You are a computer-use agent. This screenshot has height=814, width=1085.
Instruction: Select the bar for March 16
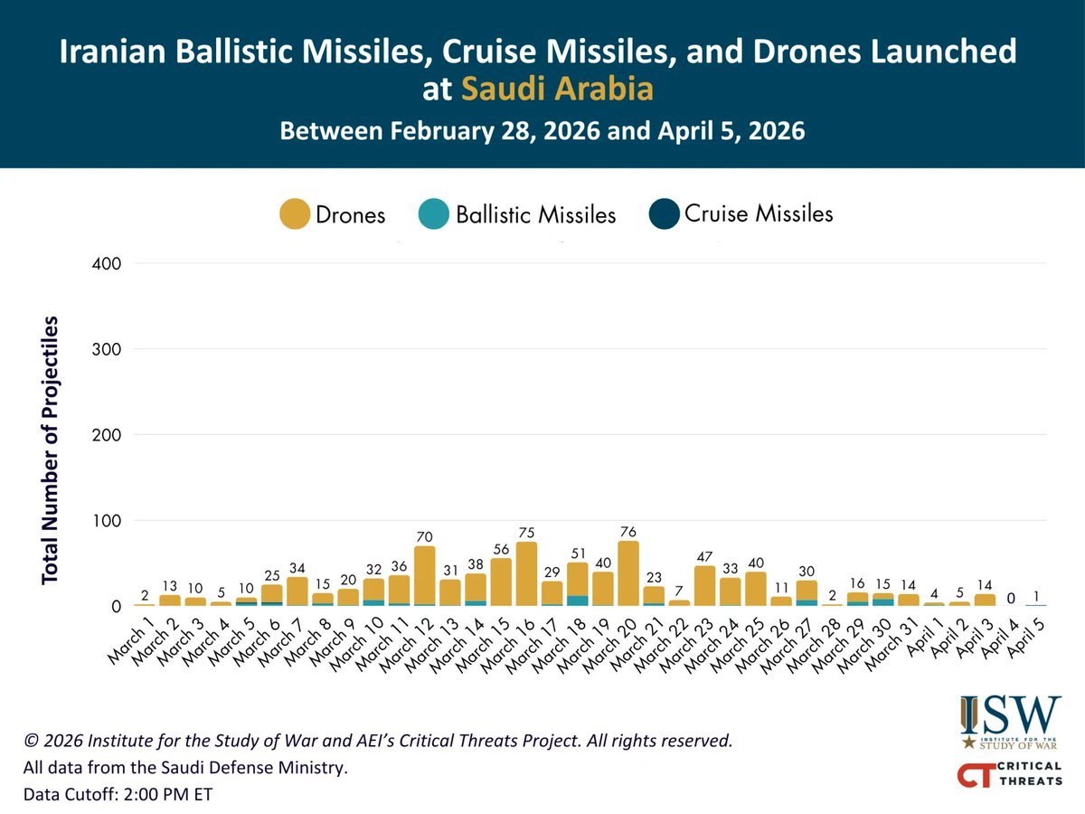526,573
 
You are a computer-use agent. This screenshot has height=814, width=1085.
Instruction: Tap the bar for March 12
424,575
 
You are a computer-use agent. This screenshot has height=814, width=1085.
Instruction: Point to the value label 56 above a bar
500,549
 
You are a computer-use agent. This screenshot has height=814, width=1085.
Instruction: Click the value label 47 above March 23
704,557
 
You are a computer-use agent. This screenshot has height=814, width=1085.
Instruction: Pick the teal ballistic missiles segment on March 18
577,601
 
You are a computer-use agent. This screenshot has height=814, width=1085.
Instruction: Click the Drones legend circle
295,215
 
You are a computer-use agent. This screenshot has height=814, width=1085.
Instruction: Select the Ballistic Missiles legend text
535,215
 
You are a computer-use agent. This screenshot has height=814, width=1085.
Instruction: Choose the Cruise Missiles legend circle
665,214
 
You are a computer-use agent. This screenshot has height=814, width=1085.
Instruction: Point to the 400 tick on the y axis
107,263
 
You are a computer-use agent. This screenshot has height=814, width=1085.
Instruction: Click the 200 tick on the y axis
107,435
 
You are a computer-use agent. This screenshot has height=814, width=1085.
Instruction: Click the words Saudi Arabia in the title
556,90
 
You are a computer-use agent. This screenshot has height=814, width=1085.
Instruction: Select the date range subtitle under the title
542,131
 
